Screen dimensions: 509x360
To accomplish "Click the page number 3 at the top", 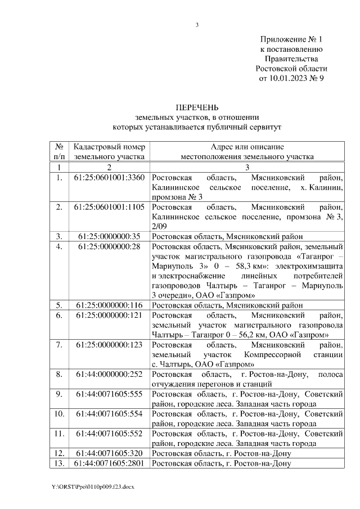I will tap(197, 25).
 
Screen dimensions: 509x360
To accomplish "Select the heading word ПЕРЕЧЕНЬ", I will tap(197, 107).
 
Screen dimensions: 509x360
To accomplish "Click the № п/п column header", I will tap(59, 151).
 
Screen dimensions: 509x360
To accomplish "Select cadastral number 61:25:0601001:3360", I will tap(109, 178).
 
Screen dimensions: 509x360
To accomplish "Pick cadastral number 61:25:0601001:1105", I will tap(109, 207).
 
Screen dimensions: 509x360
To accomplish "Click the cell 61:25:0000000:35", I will tap(109, 236).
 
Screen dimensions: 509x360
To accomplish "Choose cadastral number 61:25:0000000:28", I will tap(109, 246).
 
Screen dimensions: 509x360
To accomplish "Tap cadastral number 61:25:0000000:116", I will tap(109, 305).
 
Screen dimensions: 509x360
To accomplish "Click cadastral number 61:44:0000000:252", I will tap(109, 373).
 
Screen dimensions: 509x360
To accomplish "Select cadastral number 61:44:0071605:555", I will tap(109, 394).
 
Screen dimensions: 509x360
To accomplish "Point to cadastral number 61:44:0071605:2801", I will tap(109, 463).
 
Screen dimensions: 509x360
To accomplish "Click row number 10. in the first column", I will tap(59, 414).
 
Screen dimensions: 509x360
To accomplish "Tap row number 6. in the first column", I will tap(59, 315).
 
